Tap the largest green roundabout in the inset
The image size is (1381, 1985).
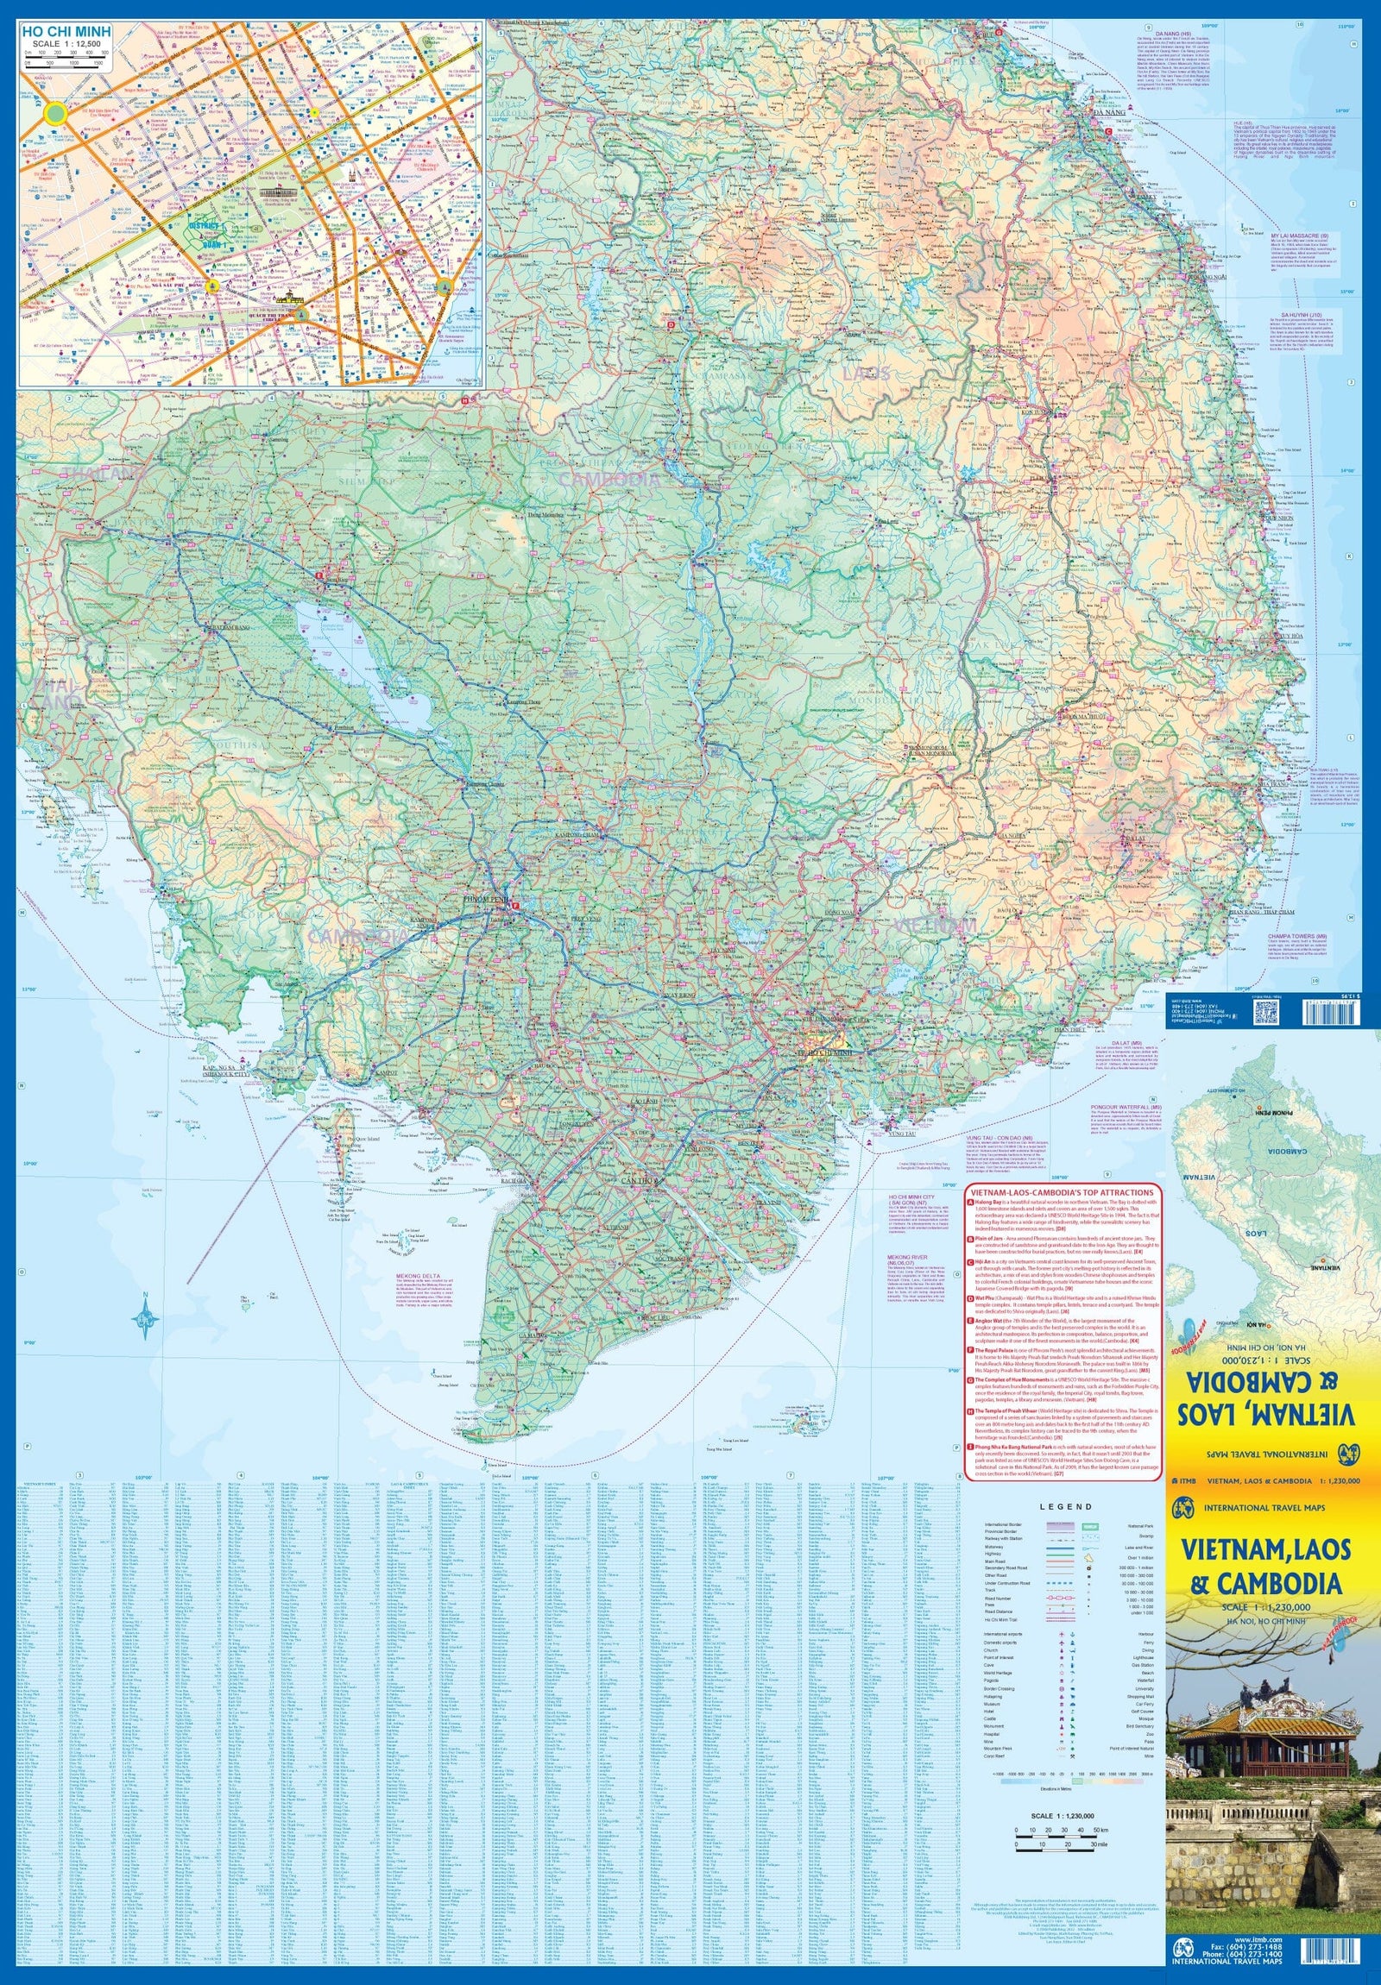(54, 112)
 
